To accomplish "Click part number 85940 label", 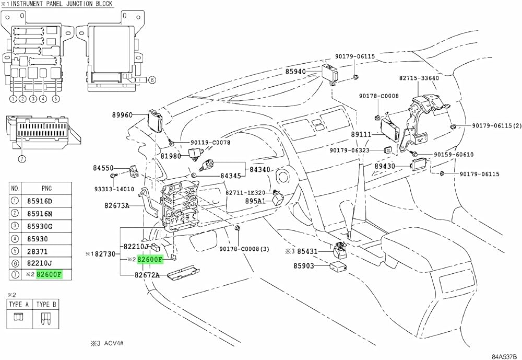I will (295, 72).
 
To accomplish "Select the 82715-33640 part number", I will (419, 78).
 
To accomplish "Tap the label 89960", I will (123, 115).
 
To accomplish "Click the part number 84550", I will (103, 168).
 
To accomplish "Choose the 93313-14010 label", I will (114, 189).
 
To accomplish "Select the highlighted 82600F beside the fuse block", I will (150, 259).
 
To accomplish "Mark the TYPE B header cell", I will (47, 304).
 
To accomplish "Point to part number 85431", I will (307, 251).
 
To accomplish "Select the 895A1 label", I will (256, 201).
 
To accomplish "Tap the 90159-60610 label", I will (454, 155).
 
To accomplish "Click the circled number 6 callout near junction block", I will (151, 80).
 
